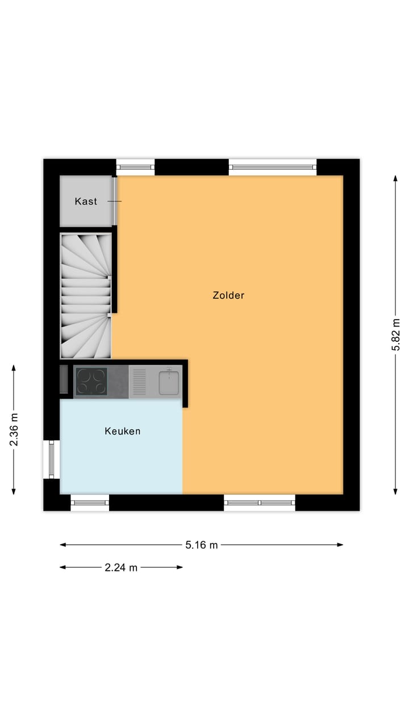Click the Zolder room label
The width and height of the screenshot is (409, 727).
coord(228,295)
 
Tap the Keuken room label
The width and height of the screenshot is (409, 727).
coord(122,431)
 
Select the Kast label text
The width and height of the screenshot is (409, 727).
coord(86,202)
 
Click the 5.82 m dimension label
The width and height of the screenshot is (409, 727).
coord(396,335)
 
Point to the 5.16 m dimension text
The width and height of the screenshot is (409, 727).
coord(201,545)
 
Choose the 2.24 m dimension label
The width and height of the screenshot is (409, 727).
coord(121,567)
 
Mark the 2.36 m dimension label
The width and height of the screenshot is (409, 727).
coord(14,429)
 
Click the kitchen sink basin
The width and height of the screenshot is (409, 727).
coord(169,382)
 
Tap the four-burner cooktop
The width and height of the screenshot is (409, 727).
coord(91,381)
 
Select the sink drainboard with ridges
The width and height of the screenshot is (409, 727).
coord(139,382)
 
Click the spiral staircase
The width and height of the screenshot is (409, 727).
coord(86,295)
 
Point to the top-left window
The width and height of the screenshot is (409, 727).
coord(135,167)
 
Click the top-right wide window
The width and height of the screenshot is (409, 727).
coord(273,167)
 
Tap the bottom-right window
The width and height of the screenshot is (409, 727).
coord(260,503)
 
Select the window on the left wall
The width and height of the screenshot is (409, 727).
coord(51,459)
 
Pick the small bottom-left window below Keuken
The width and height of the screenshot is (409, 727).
coord(90,503)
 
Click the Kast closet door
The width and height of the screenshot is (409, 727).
coord(115,202)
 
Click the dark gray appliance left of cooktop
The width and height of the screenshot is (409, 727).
coord(64,379)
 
